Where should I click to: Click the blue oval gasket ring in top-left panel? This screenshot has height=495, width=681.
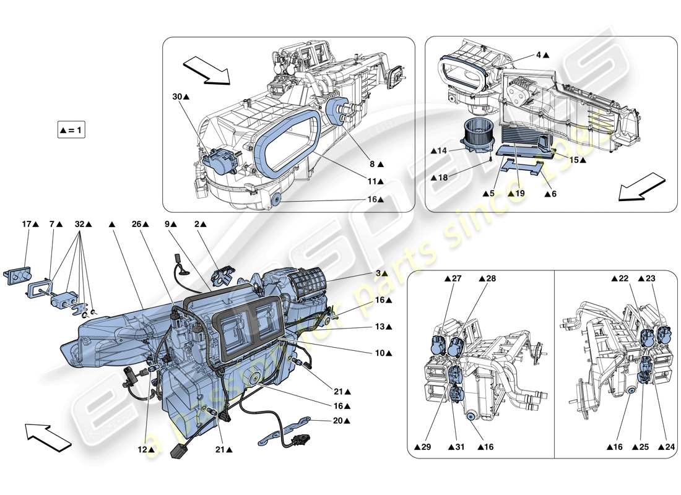click(286, 140)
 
